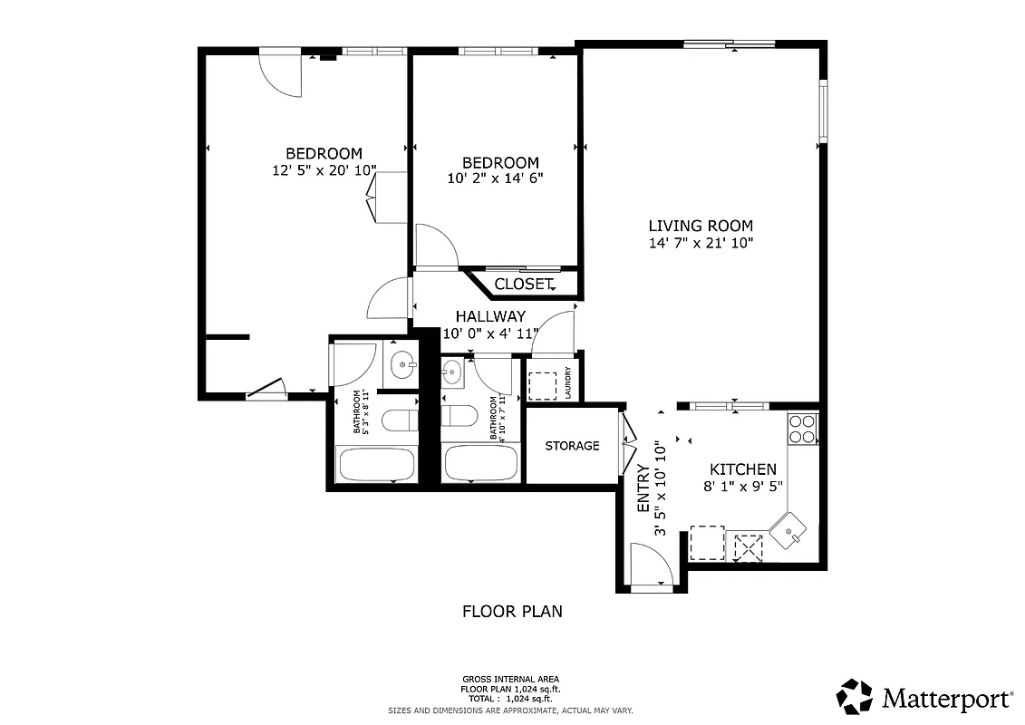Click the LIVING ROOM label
(700, 226)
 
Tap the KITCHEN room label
(742, 469)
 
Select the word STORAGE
(572, 446)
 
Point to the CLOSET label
(523, 285)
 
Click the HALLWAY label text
(490, 317)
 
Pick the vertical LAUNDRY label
(568, 382)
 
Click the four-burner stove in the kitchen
(803, 428)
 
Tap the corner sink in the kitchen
(788, 529)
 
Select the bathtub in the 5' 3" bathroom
(376, 465)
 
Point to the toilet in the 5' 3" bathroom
(398, 420)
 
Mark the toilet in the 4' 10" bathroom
(459, 416)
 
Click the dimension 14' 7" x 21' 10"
(701, 243)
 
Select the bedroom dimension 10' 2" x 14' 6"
(496, 179)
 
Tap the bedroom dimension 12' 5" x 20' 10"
(324, 170)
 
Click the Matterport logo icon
(854, 697)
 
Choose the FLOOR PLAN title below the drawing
(512, 612)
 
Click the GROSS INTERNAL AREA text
(511, 679)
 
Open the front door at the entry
(651, 567)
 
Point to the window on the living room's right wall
(823, 111)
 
